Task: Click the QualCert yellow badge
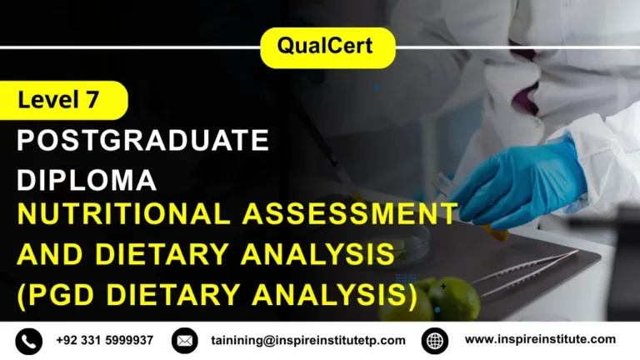coord(327,47)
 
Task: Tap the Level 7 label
coord(59,101)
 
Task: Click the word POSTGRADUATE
coord(143,141)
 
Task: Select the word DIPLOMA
coord(87,180)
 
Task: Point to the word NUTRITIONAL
coord(124,214)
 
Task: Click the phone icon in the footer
coord(27,341)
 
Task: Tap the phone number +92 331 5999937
coord(104,340)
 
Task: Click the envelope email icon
coord(184,341)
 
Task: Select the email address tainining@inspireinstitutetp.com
coord(308,340)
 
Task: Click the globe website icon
coord(435,341)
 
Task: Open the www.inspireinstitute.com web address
coord(540,339)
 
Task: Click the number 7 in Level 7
coord(91,101)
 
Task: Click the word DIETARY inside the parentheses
coord(179,294)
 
